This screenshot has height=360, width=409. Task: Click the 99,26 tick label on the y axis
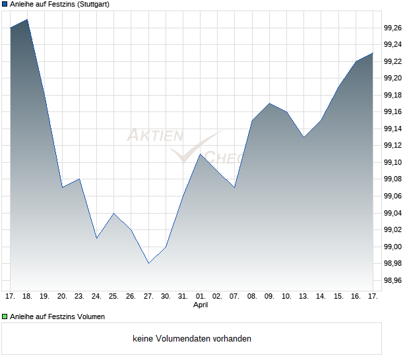coord(393,28)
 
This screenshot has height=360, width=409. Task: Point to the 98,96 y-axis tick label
coord(393,281)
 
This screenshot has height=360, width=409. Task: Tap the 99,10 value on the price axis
coord(393,163)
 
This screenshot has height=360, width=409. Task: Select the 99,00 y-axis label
coord(393,247)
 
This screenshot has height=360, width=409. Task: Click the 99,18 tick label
coord(393,96)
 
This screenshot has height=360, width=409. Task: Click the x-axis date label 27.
coord(148,296)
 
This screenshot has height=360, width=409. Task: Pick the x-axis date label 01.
coord(201,296)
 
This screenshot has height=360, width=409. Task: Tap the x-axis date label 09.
coord(269,296)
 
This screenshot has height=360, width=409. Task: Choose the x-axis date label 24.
coord(96,296)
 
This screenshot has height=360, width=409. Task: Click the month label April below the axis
coord(201,305)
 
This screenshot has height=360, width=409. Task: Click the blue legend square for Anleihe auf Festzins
coord(5,5)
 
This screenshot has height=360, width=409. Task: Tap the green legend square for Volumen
coord(5,317)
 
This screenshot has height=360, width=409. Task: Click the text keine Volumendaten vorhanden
coord(192,339)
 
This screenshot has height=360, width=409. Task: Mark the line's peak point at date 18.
coord(27,19)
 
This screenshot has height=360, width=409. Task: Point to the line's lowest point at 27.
coord(148,264)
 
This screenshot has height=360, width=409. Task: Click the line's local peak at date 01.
coord(200,154)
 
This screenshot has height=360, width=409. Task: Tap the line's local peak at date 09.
coord(269,103)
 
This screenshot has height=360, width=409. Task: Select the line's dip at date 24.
coord(96,238)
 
